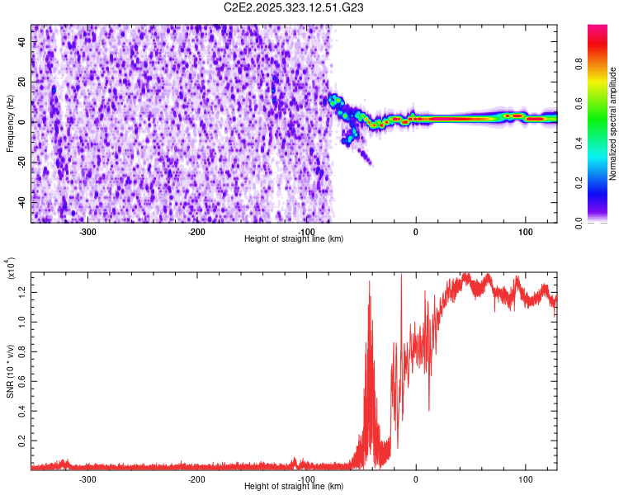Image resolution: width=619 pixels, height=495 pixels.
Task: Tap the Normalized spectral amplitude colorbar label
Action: pyautogui.click(x=612, y=124)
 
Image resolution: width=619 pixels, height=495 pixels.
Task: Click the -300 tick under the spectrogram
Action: pyautogui.click(x=87, y=230)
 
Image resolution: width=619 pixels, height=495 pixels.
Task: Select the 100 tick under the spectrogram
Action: pyautogui.click(x=525, y=230)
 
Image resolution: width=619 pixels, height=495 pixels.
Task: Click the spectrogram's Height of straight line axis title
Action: pyautogui.click(x=294, y=238)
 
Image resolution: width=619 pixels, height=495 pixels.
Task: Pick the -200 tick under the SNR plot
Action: pyautogui.click(x=196, y=478)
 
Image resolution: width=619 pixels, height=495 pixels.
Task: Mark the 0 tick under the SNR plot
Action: pyautogui.click(x=416, y=478)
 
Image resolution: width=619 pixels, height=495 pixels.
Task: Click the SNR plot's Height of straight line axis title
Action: pyautogui.click(x=294, y=486)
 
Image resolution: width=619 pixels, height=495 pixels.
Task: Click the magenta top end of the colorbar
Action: pyautogui.click(x=598, y=30)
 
